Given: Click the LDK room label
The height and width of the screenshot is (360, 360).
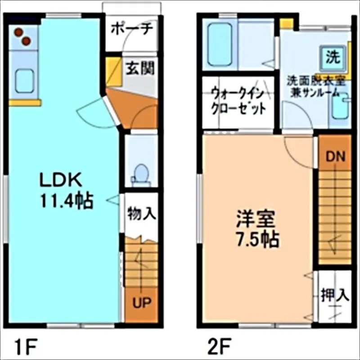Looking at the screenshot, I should [61, 180].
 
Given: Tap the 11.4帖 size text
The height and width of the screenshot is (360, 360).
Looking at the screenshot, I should [67, 200].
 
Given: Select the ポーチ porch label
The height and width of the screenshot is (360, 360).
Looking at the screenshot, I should [132, 28].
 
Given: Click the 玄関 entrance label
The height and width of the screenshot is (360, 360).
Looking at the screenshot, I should [139, 68].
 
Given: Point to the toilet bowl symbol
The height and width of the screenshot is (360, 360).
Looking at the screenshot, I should [141, 173].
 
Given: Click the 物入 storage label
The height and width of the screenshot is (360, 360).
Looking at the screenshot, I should [141, 213].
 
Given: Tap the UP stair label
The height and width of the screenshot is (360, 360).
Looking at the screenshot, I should [141, 302].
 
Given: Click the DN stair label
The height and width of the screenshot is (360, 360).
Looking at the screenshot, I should [335, 157].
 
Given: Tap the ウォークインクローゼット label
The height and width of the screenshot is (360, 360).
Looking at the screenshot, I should [238, 102].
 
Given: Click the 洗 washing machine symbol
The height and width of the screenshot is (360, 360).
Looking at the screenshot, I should [333, 57].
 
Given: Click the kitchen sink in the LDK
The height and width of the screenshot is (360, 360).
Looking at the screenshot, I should [24, 81].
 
